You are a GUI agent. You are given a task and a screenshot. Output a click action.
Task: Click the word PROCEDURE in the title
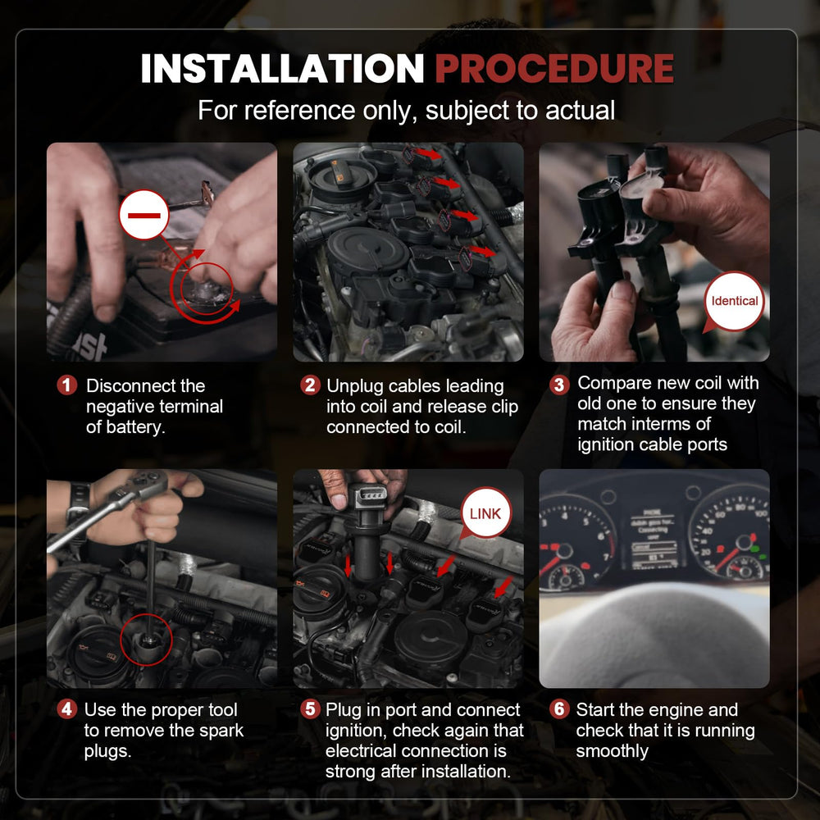(x=554, y=69)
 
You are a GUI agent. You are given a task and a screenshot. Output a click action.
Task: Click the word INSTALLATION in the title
(x=282, y=69)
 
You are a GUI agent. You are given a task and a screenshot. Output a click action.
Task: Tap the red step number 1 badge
(x=67, y=385)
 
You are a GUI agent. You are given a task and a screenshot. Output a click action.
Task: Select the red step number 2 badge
(x=310, y=385)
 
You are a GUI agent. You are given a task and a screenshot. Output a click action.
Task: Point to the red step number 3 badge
(x=559, y=385)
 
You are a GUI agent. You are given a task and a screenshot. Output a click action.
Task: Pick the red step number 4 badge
(x=67, y=709)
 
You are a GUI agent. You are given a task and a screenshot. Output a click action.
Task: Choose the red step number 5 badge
(x=310, y=709)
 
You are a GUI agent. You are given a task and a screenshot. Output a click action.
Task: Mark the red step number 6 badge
(x=559, y=709)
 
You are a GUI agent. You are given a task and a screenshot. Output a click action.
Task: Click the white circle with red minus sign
(x=143, y=215)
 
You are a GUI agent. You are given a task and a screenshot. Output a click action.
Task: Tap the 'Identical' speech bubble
(x=733, y=301)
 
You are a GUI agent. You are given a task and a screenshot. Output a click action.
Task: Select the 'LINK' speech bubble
(x=485, y=513)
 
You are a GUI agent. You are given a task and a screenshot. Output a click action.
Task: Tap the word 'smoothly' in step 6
(x=612, y=751)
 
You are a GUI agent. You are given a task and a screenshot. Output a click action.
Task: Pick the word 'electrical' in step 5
(x=366, y=751)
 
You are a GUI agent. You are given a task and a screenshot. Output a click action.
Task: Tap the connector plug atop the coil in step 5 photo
(x=367, y=498)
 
